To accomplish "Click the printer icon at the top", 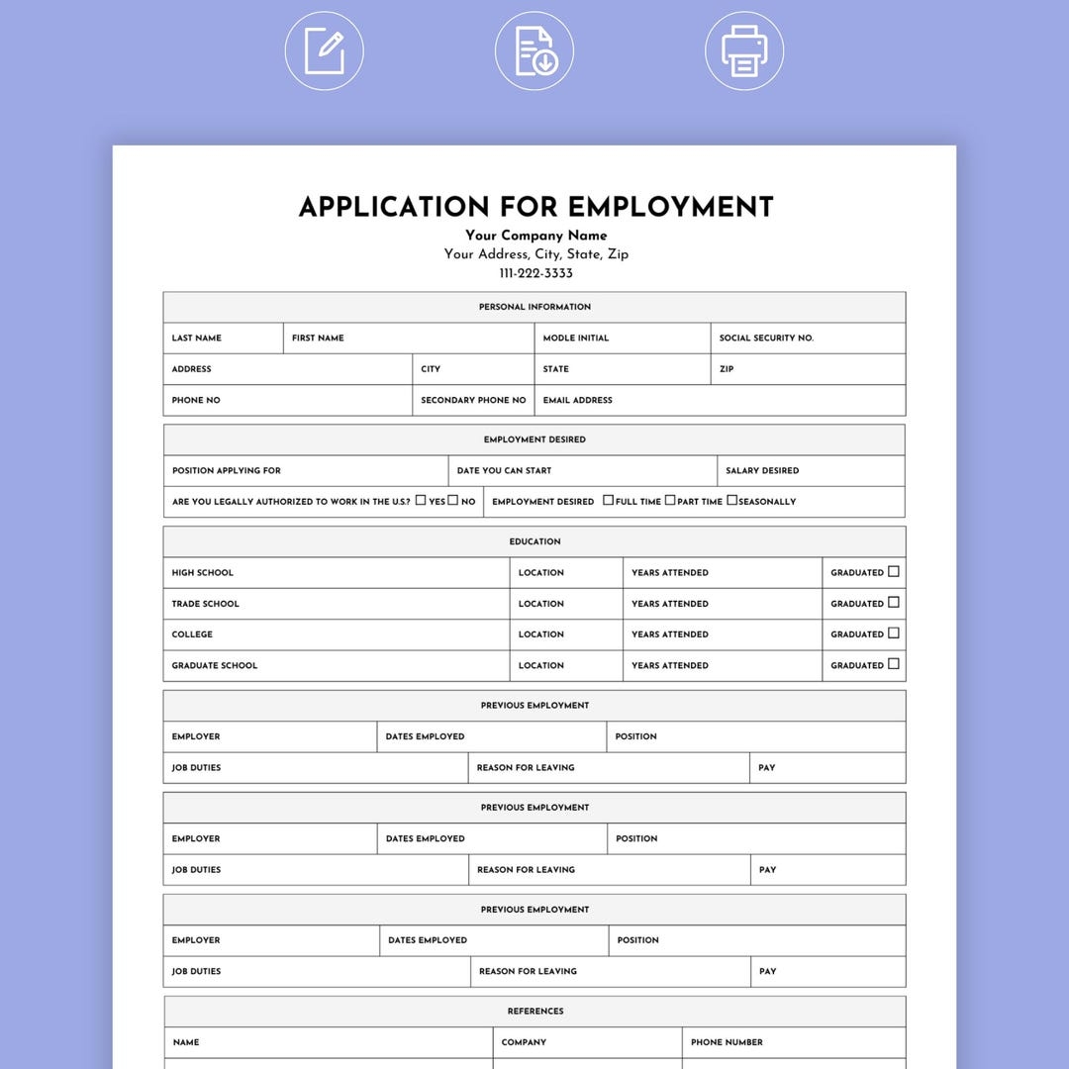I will tap(744, 50).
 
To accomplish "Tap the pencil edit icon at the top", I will tap(325, 50).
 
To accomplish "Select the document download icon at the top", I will tap(534, 50).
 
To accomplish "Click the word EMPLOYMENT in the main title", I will tap(670, 207).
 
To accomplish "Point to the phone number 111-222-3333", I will tap(535, 273).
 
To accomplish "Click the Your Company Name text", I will tap(535, 236).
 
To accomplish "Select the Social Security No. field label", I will tap(766, 339).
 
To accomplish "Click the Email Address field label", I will tap(577, 401).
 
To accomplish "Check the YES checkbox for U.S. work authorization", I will tap(421, 500).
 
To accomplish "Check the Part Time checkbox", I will tap(670, 500).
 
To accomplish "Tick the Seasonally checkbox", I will tap(732, 500).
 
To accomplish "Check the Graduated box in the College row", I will tap(894, 632).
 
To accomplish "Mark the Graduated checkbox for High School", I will tap(894, 571).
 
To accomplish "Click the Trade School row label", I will tap(205, 604).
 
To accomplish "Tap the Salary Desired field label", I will tap(762, 471).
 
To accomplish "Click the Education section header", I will tap(534, 541).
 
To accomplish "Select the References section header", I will tap(535, 1012).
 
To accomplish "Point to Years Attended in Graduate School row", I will tap(670, 666).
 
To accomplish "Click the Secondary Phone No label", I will tap(473, 401).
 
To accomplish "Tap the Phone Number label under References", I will tap(727, 1042).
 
